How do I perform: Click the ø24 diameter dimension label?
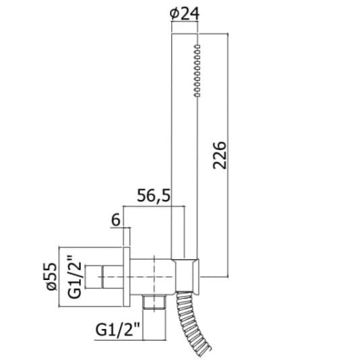184,14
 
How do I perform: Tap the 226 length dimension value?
220,156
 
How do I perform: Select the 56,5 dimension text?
154,196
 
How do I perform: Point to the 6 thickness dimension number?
116,220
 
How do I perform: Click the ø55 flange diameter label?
52,276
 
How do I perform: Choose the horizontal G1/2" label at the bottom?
118,330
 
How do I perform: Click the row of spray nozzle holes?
197,71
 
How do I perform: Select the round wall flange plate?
127,276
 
